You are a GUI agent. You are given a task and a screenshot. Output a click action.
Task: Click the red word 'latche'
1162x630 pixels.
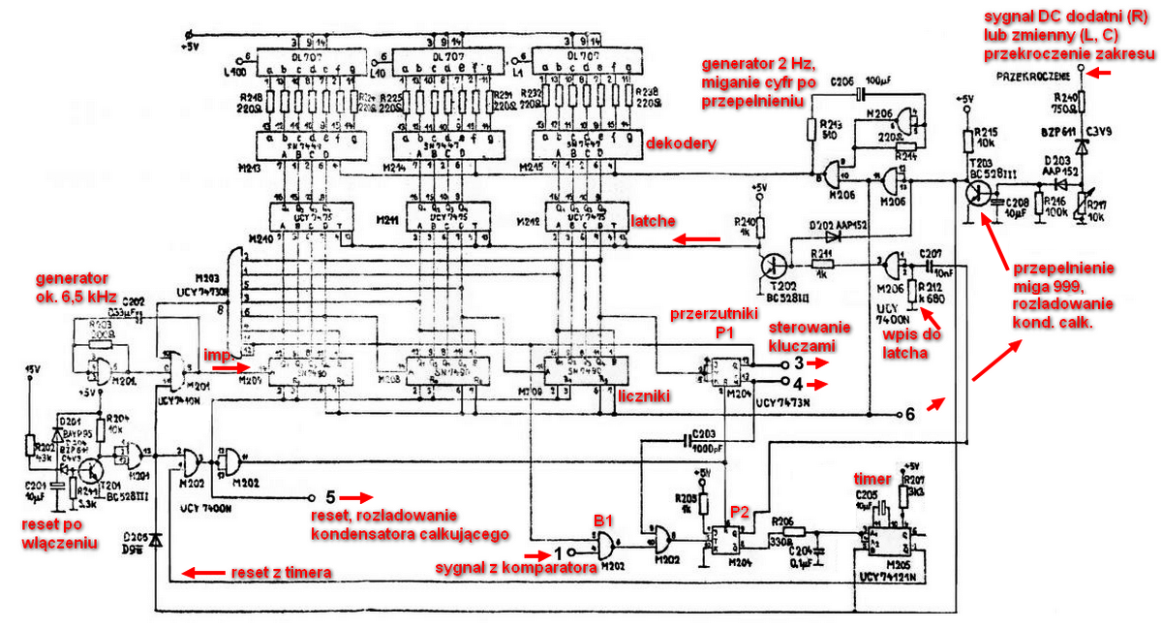[651, 222]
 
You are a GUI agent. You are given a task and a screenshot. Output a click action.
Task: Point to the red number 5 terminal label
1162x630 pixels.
[330, 498]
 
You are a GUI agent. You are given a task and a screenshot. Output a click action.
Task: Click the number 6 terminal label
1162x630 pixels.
[909, 413]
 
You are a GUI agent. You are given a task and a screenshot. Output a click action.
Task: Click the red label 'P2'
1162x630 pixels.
[740, 510]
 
